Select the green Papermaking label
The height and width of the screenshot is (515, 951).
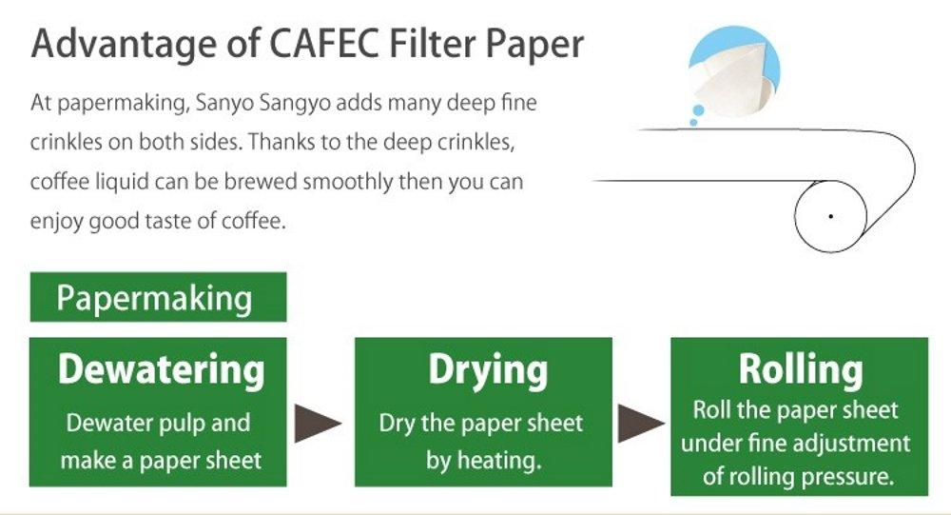tap(155, 298)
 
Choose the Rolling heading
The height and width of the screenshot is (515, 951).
tap(801, 369)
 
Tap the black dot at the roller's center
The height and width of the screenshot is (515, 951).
tap(830, 217)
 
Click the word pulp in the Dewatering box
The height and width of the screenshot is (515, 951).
tap(184, 423)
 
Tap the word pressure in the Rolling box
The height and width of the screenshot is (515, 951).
tap(849, 475)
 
